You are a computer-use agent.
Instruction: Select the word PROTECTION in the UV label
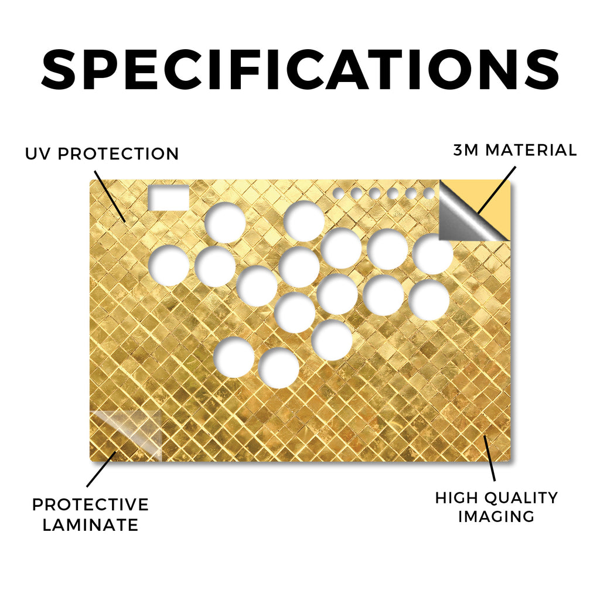pyautogui.click(x=118, y=154)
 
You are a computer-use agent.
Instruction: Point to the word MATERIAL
pyautogui.click(x=531, y=150)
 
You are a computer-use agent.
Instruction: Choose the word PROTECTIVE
pyautogui.click(x=90, y=504)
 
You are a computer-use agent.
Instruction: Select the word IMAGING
pyautogui.click(x=496, y=517)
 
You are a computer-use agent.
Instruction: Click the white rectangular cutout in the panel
pyautogui.click(x=168, y=198)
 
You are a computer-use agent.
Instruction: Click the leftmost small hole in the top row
pyautogui.click(x=338, y=193)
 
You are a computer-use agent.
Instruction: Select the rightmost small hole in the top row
pyautogui.click(x=429, y=193)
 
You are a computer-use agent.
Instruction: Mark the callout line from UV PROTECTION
pyautogui.click(x=110, y=196)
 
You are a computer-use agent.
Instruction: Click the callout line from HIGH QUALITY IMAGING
pyautogui.click(x=489, y=458)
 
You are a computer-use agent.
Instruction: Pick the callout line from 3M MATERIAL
pyautogui.click(x=496, y=190)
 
